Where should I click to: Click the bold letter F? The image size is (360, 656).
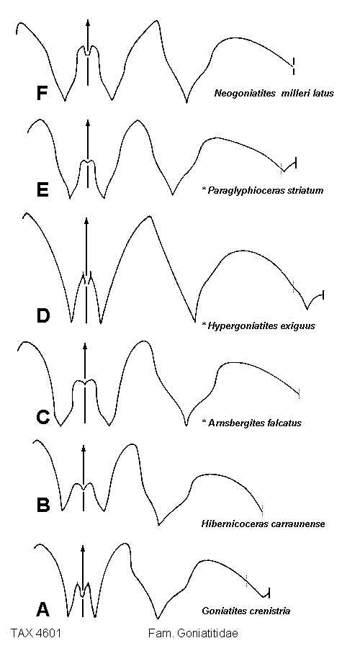(x=42, y=94)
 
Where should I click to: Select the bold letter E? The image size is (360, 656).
(x=43, y=189)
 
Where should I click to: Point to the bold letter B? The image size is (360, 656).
(x=43, y=505)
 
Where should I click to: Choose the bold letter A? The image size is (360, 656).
(x=43, y=608)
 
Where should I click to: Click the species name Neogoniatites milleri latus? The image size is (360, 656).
(x=274, y=94)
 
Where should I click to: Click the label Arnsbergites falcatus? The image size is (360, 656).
(x=254, y=423)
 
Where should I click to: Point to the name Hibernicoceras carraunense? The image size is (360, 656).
(x=263, y=524)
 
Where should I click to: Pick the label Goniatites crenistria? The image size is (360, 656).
(x=246, y=611)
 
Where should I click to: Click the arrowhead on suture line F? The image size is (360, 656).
(x=87, y=23)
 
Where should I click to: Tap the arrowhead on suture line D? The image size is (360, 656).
(x=86, y=222)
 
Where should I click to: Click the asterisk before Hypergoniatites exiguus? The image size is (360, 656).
(x=204, y=324)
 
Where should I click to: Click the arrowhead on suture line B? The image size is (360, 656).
(x=84, y=449)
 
